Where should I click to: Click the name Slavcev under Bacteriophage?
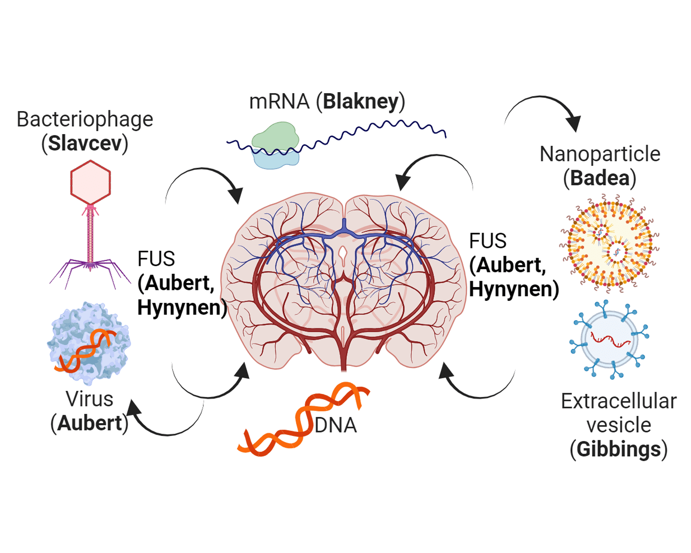(x=85, y=143)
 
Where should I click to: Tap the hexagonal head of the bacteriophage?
(x=90, y=182)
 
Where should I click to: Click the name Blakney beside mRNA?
(x=360, y=101)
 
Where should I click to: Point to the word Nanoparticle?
(x=600, y=154)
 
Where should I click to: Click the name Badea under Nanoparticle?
(x=600, y=178)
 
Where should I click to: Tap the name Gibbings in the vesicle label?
(x=619, y=449)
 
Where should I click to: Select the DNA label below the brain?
(x=336, y=425)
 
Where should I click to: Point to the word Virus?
(x=89, y=399)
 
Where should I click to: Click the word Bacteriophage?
(x=85, y=119)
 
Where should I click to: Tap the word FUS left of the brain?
(x=156, y=259)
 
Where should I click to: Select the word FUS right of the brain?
(x=488, y=241)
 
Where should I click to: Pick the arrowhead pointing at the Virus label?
(x=133, y=409)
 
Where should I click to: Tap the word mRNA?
(x=279, y=101)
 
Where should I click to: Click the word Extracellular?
(x=619, y=401)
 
